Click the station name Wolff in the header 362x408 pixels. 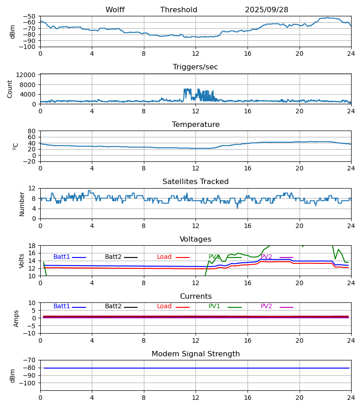(x=115, y=10)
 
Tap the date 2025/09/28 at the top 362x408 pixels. (x=267, y=10)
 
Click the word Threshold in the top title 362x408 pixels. (x=179, y=10)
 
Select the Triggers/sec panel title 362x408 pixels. (x=195, y=67)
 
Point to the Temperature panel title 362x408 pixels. (x=195, y=125)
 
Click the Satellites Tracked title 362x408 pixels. (x=195, y=182)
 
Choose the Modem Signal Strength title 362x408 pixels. (x=195, y=354)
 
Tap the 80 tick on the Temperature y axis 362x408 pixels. (x=32, y=131)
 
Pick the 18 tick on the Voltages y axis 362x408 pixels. (x=32, y=246)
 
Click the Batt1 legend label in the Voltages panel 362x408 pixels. (x=62, y=257)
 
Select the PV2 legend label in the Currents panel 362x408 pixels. (x=266, y=306)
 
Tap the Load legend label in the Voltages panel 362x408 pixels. (x=164, y=257)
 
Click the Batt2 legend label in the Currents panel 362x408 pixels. (x=113, y=306)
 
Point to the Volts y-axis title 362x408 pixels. (x=22, y=261)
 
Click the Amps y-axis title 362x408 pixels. (x=17, y=318)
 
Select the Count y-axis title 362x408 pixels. (x=10, y=89)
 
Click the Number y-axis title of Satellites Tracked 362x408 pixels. (x=22, y=204)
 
